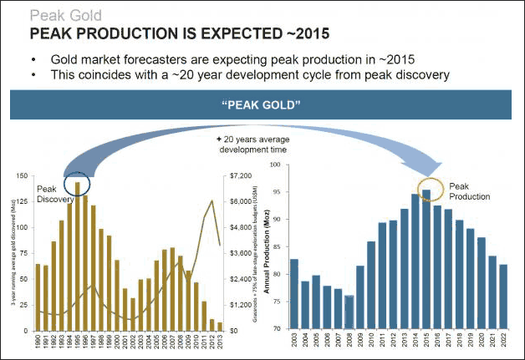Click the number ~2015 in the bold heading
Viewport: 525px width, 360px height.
coord(302,33)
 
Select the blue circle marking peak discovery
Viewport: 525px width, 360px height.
coord(78,182)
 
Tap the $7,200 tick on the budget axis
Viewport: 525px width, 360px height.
coord(239,176)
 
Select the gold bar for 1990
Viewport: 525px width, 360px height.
coord(38,297)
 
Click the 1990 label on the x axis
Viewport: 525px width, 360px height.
coord(38,342)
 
